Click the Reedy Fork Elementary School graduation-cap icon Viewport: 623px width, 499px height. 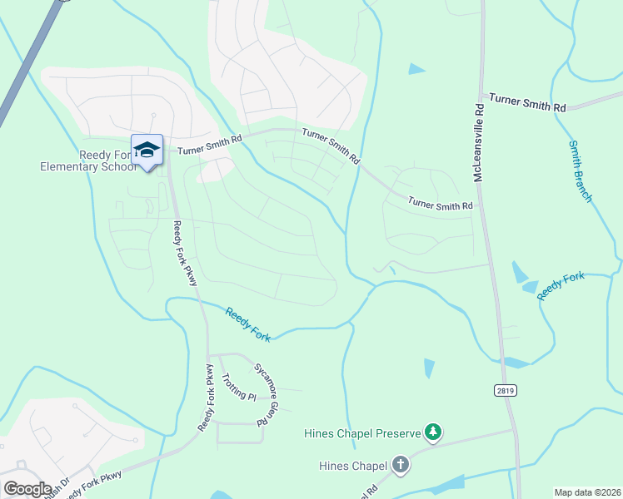(147, 150)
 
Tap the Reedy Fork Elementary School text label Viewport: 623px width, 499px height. (87, 161)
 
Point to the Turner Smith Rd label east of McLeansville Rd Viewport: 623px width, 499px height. (527, 103)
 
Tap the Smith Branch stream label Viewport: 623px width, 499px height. (580, 171)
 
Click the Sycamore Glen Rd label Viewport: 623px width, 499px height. (266, 394)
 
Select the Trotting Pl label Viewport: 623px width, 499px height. (238, 388)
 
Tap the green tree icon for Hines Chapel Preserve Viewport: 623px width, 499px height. (432, 432)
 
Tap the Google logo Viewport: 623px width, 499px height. (27, 488)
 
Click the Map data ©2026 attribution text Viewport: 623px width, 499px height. (588, 492)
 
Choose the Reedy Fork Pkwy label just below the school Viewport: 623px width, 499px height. (184, 254)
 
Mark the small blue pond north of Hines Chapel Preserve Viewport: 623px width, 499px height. (429, 368)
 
